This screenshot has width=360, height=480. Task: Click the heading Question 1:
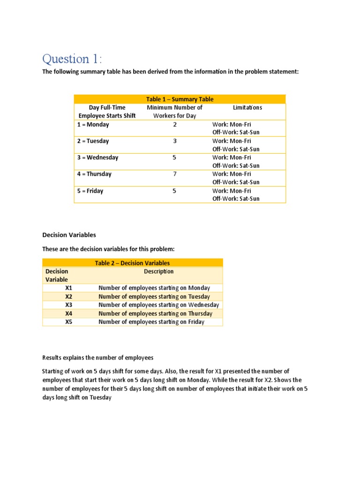point(71,59)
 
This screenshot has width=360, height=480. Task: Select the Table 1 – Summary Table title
point(180,99)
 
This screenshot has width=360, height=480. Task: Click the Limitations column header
point(247,107)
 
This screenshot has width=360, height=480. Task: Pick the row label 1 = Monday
point(93,125)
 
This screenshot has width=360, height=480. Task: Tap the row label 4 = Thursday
point(95,174)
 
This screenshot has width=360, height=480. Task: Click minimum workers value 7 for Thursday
point(174,174)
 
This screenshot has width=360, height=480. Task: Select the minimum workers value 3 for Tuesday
point(174,141)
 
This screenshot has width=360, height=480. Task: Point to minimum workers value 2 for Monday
point(174,125)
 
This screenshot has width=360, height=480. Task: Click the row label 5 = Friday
point(90,191)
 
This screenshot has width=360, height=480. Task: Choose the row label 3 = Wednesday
point(97,157)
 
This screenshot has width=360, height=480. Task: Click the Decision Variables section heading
point(69,235)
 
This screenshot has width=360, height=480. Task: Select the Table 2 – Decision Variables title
point(132,263)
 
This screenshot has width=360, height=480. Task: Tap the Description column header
point(158,271)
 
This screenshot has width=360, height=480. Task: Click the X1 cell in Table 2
point(69,288)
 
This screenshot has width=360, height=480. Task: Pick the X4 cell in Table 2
point(69,313)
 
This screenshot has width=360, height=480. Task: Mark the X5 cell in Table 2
point(69,322)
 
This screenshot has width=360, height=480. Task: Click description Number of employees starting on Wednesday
point(158,305)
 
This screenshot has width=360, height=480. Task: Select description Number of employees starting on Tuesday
point(154,296)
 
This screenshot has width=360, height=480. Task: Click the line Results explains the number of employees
point(98,358)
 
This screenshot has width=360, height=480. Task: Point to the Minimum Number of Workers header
point(174,112)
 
